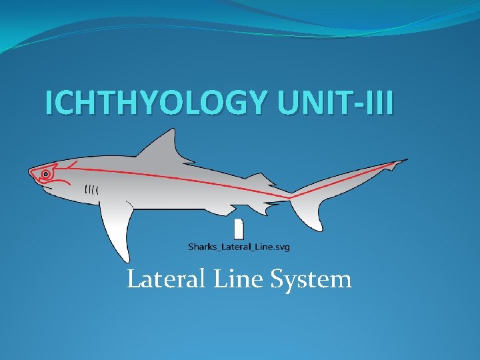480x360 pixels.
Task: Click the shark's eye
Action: pyautogui.click(x=45, y=174)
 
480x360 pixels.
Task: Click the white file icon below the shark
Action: pyautogui.click(x=239, y=228)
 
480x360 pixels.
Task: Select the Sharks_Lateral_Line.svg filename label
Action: pyautogui.click(x=239, y=247)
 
